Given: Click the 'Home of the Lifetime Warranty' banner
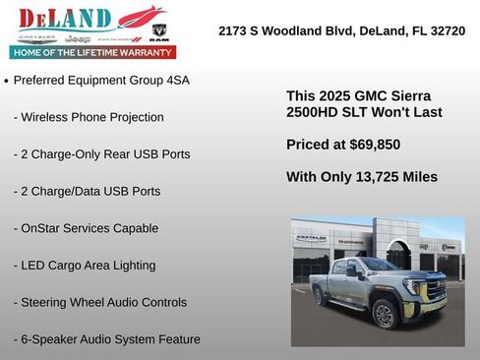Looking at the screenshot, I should point(92,52).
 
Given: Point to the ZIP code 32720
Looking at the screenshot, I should point(445,30).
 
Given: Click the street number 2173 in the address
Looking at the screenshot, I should point(235,30).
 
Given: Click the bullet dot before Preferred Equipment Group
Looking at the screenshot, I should point(7,81).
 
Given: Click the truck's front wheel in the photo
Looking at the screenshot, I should point(385,313).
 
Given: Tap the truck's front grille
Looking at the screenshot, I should point(437,289).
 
